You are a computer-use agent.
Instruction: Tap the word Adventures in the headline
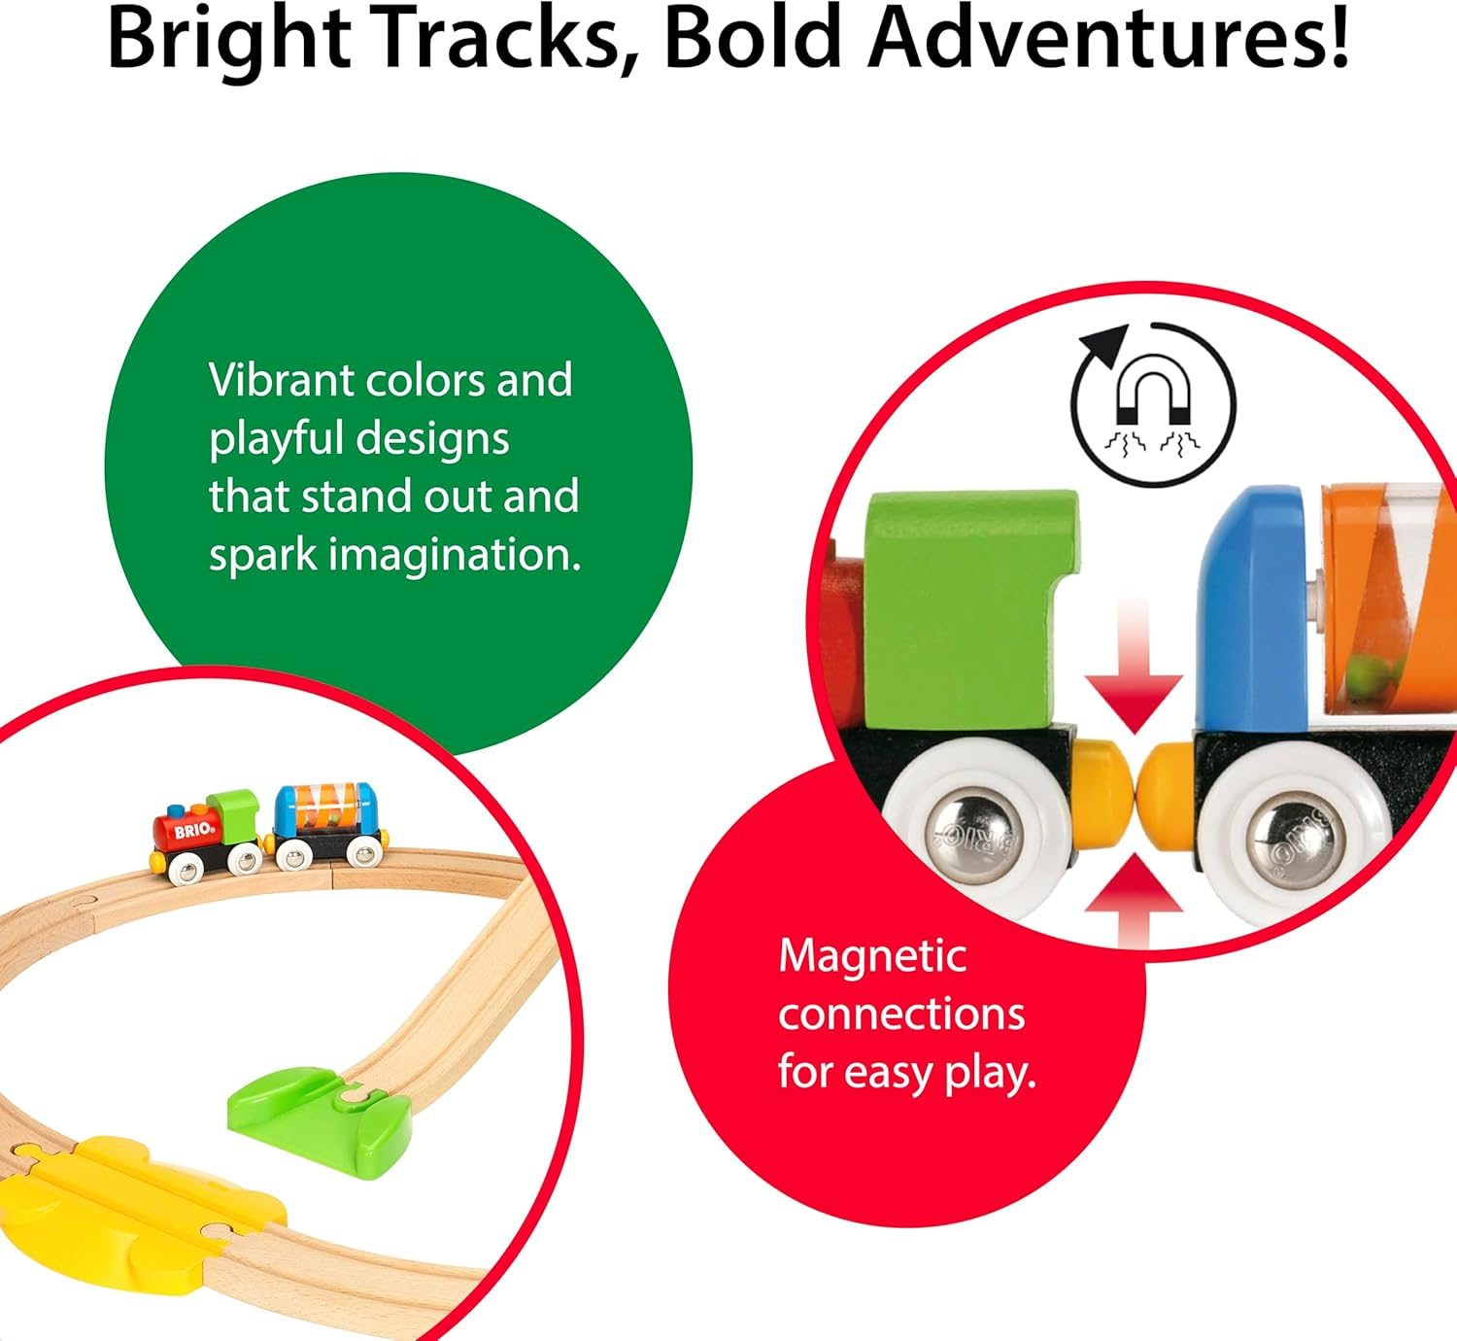tap(1107, 39)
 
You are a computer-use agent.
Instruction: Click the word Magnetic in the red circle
tap(871, 956)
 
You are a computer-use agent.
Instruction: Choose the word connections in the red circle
tap(901, 1014)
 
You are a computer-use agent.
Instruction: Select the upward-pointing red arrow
tap(1134, 894)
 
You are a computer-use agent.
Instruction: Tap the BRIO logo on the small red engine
tap(194, 831)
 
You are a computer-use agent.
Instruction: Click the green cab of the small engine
tap(233, 814)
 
